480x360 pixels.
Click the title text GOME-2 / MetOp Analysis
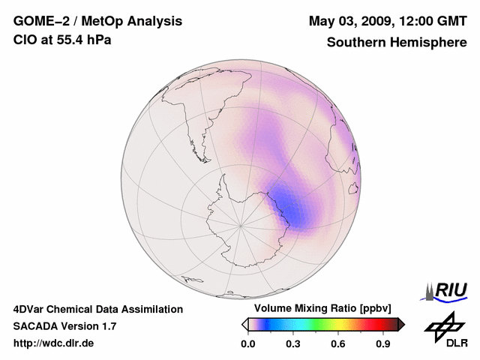[x=97, y=21]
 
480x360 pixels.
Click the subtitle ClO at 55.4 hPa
[x=62, y=40]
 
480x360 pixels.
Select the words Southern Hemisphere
[x=397, y=42]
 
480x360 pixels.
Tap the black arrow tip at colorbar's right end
[x=401, y=324]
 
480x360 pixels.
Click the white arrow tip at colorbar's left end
[x=244, y=324]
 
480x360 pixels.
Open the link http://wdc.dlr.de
[x=54, y=343]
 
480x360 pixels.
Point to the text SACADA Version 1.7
[x=65, y=326]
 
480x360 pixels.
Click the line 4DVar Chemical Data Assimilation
[x=98, y=309]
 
